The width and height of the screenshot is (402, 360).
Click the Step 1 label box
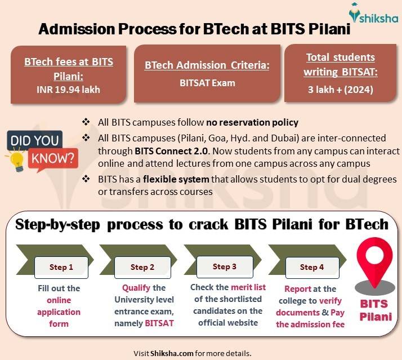(61, 267)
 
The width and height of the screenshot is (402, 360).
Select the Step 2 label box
(142, 267)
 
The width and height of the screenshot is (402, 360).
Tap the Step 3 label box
(225, 266)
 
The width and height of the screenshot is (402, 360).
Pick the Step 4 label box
(308, 267)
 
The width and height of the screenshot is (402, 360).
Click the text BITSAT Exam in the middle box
(207, 83)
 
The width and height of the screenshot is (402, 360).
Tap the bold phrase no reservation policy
(252, 122)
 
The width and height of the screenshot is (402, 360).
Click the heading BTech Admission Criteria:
(207, 65)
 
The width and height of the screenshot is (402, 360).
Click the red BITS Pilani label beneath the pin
(375, 310)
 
